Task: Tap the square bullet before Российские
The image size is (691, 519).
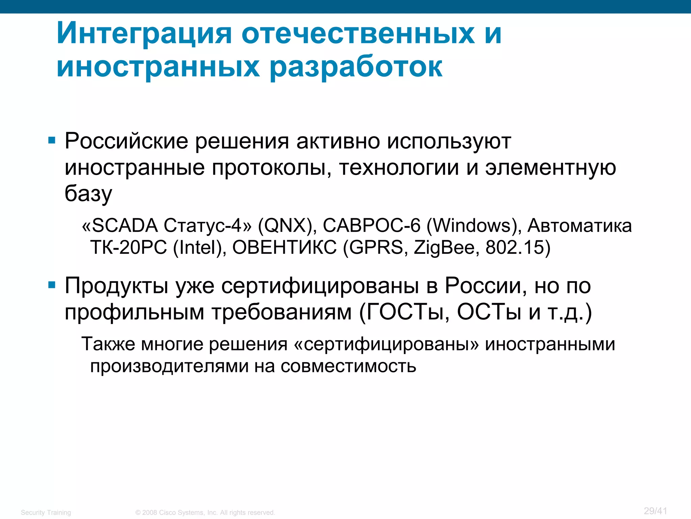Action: pos(52,140)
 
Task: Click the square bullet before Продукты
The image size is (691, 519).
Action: pos(52,285)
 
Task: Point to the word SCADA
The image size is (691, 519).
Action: pos(125,225)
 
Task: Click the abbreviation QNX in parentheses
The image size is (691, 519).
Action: pos(285,225)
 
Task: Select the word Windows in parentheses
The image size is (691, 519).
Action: pos(472,225)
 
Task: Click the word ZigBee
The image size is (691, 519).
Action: pos(444,247)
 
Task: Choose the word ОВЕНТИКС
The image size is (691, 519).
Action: pos(284,247)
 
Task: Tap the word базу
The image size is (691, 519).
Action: pos(88,194)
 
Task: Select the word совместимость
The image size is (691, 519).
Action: pos(348,366)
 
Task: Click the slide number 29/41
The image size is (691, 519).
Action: pos(655,511)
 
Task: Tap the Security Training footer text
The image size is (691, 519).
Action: pos(46,513)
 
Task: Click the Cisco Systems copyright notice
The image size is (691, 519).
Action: pos(205,513)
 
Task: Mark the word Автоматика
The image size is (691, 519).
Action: pos(579,225)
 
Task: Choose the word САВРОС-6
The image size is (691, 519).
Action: pos(371,225)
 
